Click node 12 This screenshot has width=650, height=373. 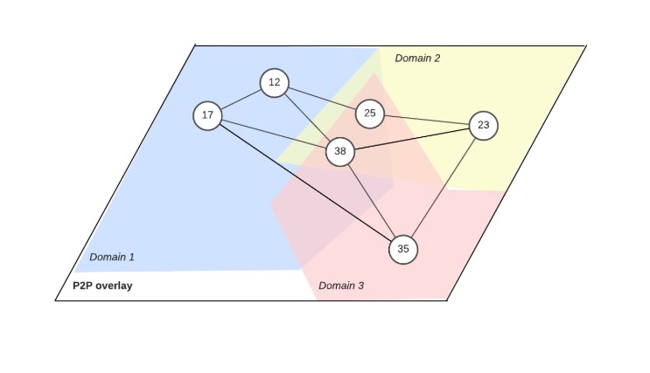click(275, 82)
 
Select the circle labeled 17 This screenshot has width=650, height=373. click(207, 115)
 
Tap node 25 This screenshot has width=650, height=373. click(370, 114)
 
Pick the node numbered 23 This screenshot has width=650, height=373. click(483, 126)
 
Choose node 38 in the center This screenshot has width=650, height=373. click(340, 152)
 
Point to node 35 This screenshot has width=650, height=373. click(403, 249)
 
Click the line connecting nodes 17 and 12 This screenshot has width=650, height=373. click(241, 99)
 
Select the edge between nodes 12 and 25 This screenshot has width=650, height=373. click(322, 98)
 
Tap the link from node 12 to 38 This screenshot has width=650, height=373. click(307, 117)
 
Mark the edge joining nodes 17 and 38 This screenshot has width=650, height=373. click(273, 134)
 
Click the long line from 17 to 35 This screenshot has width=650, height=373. click(305, 183)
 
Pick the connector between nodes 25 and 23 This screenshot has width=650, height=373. click(426, 120)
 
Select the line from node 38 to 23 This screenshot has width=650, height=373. click(411, 139)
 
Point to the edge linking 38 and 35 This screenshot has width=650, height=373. click(372, 201)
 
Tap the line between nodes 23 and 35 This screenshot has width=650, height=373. click(444, 187)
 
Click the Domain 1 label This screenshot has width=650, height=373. click(112, 258)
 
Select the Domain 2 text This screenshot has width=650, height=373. click(417, 59)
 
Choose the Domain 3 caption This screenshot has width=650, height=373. click(341, 286)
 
